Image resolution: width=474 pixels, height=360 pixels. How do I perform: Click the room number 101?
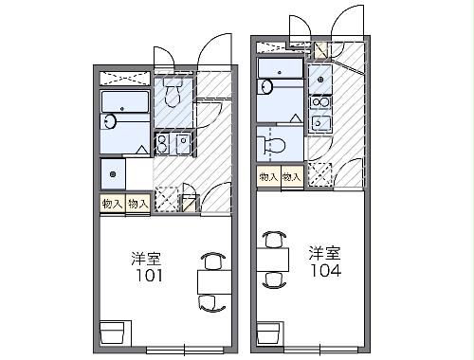coord(147,277)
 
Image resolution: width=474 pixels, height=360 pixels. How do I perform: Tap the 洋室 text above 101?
coord(147,258)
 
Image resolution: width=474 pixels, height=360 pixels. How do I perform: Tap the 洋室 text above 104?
coord(323,253)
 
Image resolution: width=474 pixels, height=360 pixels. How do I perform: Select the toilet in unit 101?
coord(173,93)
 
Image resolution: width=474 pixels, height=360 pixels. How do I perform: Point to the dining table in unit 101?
coord(213,280)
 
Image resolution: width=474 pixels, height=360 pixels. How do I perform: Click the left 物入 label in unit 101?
coord(112,203)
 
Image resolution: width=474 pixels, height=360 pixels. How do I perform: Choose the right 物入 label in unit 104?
coord(291,176)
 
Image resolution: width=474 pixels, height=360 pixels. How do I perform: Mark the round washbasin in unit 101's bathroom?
coord(112,121)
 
